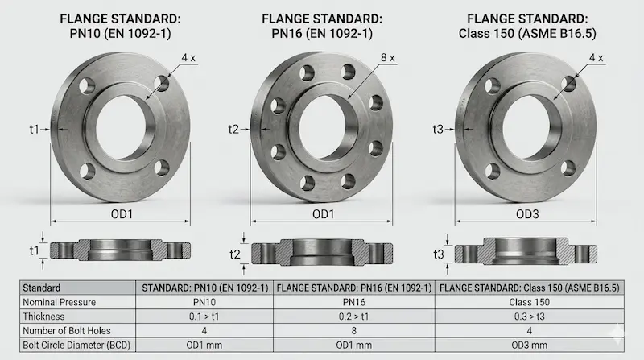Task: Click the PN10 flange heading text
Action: click(x=120, y=26)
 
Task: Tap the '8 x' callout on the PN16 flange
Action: click(x=388, y=58)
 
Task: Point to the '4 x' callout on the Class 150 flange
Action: click(x=596, y=58)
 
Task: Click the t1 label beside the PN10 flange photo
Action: click(x=34, y=130)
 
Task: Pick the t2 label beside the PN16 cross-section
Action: click(x=235, y=254)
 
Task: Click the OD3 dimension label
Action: click(x=527, y=214)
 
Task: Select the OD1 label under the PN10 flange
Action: click(x=122, y=214)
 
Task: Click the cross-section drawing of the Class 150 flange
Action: click(x=526, y=251)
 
